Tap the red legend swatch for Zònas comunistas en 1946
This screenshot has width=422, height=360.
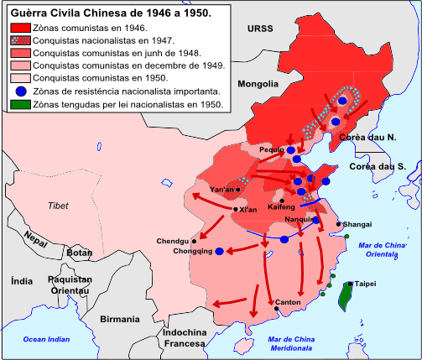tap(18, 28)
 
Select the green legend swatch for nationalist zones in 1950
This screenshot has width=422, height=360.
tap(18, 105)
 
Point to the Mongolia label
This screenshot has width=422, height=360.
tap(258, 84)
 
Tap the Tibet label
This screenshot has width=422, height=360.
tap(58, 206)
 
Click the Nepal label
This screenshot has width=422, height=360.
tap(36, 239)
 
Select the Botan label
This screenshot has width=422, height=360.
tap(79, 253)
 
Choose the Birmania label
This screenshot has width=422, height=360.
tap(119, 319)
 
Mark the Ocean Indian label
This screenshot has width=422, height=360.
tap(47, 339)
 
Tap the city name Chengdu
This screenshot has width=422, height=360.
tap(173, 241)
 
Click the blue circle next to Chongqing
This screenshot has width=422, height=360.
tap(219, 251)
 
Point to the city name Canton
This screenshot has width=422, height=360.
tap(288, 302)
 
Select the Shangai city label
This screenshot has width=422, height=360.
tap(357, 224)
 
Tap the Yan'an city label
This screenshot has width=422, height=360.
tap(221, 190)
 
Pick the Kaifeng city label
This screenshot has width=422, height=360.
tap(281, 206)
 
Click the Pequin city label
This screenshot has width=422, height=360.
tap(273, 149)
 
